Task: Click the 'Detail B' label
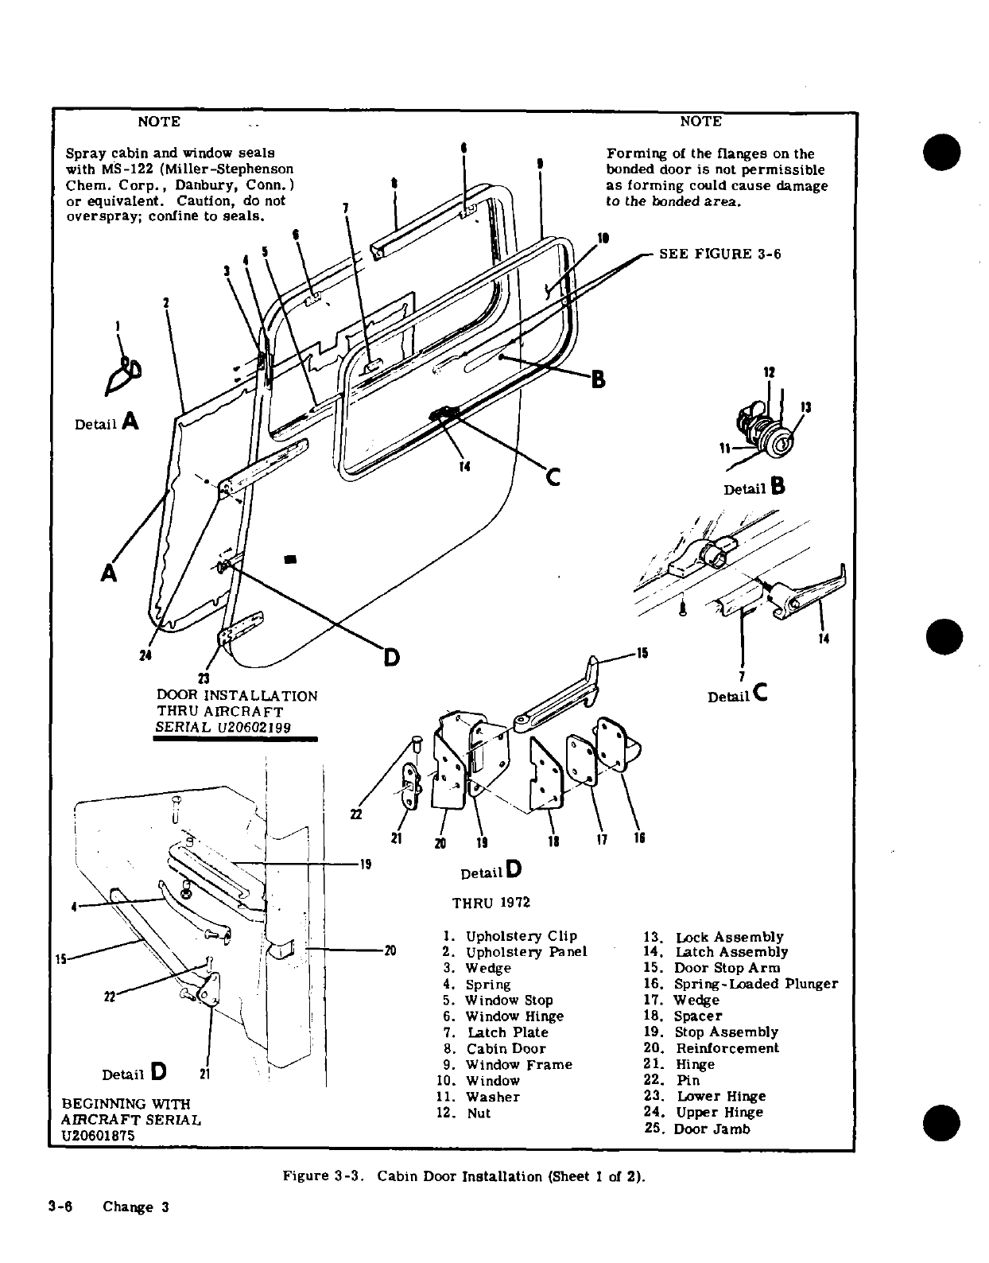[x=754, y=488]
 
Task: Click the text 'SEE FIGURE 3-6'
[x=720, y=254]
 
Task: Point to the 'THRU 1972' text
[x=491, y=903]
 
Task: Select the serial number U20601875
[x=98, y=1136]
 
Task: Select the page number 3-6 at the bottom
[x=60, y=1207]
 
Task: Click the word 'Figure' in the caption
[x=306, y=1176]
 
